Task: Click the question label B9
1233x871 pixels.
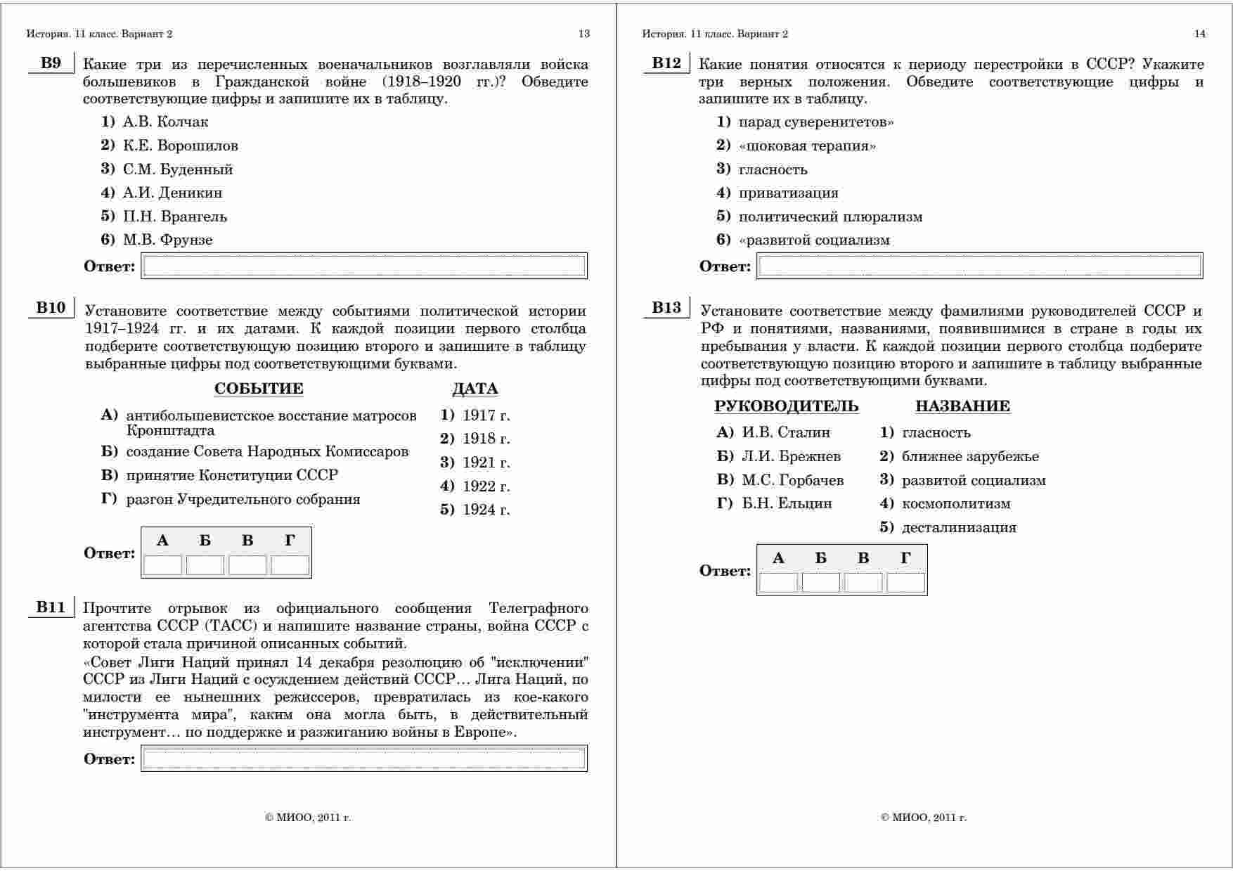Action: coord(51,63)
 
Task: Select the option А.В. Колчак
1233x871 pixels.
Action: coord(165,122)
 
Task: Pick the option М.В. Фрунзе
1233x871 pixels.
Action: coord(167,240)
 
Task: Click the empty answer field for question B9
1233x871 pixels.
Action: coord(363,266)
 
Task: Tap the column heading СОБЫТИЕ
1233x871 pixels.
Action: coord(259,389)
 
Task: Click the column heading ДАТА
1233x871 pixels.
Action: coord(475,389)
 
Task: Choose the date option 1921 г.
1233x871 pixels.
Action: coord(486,463)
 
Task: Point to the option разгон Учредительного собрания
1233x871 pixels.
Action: coord(243,500)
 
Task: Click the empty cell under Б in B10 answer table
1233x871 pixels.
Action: coord(205,564)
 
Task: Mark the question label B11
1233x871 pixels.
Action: coord(51,607)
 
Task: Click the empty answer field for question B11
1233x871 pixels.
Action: coord(363,759)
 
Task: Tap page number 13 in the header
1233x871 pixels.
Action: coord(583,34)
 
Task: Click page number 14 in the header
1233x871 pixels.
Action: coord(1199,34)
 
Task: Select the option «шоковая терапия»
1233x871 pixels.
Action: coord(807,146)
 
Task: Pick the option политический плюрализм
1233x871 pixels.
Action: coord(830,217)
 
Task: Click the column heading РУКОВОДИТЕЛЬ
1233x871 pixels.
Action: coord(786,406)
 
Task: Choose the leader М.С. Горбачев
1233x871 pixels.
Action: coord(792,481)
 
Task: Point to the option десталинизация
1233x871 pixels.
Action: coord(959,528)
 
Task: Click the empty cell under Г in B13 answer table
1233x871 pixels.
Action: coord(905,582)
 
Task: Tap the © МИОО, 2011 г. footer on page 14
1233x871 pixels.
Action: coord(924,818)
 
